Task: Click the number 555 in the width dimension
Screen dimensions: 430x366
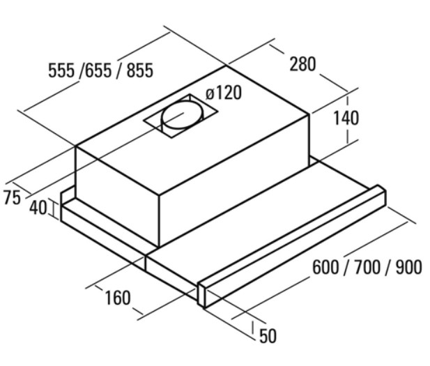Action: [x=61, y=70]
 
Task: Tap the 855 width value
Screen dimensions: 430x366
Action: [x=139, y=70]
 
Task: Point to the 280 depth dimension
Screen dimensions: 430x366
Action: [x=302, y=64]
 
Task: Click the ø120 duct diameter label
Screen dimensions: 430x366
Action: [x=224, y=93]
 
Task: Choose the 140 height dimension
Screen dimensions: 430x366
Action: [x=346, y=119]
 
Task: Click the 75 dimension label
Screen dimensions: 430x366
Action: [x=12, y=198]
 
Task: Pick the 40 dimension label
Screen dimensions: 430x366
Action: [x=38, y=208]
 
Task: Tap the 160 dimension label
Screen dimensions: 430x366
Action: [x=118, y=298]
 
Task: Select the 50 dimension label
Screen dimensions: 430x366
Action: [x=268, y=336]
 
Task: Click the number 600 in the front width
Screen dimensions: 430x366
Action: [x=325, y=267]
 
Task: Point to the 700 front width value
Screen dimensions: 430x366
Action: [x=367, y=267]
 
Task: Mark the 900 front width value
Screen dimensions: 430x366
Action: [x=408, y=267]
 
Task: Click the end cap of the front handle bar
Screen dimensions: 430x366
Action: [x=201, y=295]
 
